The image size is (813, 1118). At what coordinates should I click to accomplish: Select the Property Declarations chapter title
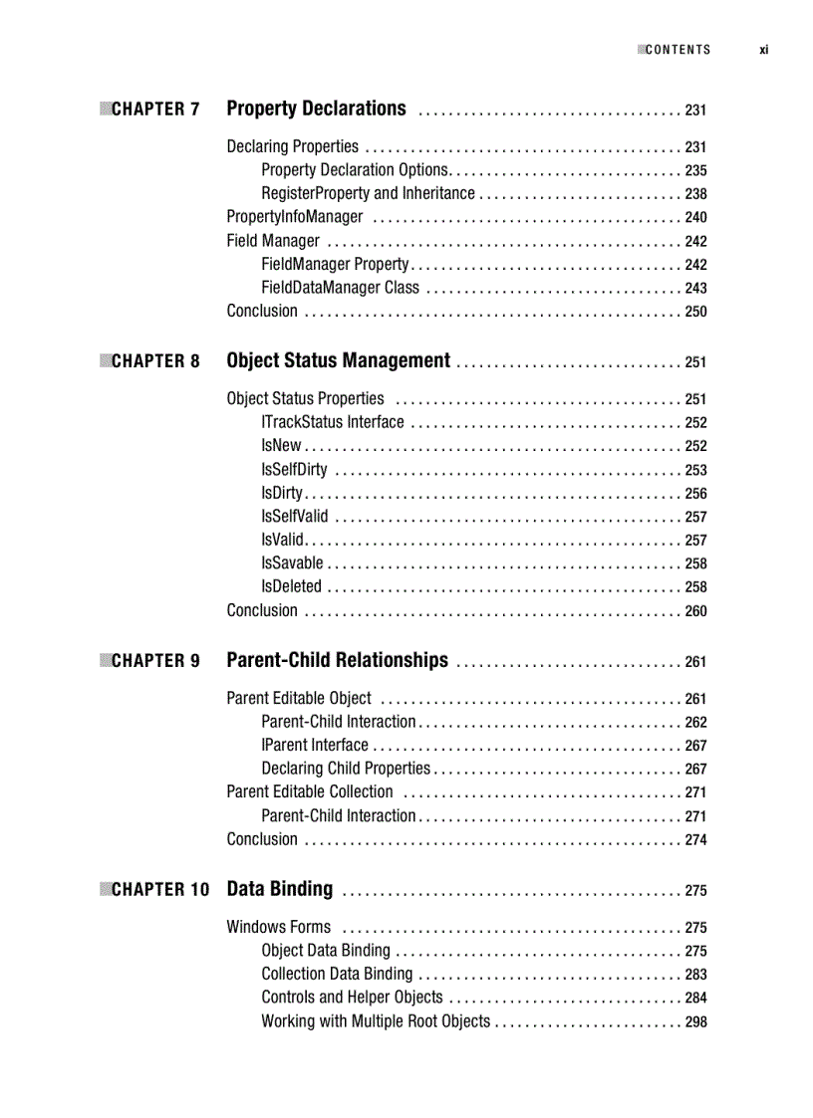pyautogui.click(x=316, y=109)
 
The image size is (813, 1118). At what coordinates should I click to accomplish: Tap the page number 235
pyautogui.click(x=695, y=171)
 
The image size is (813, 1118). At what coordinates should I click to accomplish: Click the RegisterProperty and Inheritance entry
pyautogui.click(x=368, y=193)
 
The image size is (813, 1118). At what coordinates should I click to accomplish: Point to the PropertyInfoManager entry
pyautogui.click(x=294, y=217)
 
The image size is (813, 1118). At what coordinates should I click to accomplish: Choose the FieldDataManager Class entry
pyautogui.click(x=340, y=288)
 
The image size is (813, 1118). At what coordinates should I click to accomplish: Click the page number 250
pyautogui.click(x=695, y=312)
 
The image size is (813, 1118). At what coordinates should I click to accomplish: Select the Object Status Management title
pyautogui.click(x=338, y=360)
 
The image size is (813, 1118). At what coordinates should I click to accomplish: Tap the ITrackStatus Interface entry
pyautogui.click(x=332, y=422)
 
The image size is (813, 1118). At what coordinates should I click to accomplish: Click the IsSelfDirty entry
pyautogui.click(x=294, y=470)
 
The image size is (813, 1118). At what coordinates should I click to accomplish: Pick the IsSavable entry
pyautogui.click(x=292, y=563)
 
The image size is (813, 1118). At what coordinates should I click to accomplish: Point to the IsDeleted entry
pyautogui.click(x=291, y=586)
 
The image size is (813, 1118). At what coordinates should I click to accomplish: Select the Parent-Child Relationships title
pyautogui.click(x=337, y=660)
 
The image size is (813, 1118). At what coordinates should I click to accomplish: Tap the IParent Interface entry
pyautogui.click(x=314, y=745)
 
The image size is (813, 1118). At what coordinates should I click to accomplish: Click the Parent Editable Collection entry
pyautogui.click(x=310, y=791)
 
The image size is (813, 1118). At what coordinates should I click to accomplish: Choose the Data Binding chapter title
pyautogui.click(x=280, y=889)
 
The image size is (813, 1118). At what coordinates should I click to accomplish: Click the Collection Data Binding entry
pyautogui.click(x=336, y=974)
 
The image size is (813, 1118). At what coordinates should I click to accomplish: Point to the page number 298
pyautogui.click(x=695, y=1021)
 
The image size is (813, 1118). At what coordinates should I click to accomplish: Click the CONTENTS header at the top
pyautogui.click(x=677, y=50)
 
